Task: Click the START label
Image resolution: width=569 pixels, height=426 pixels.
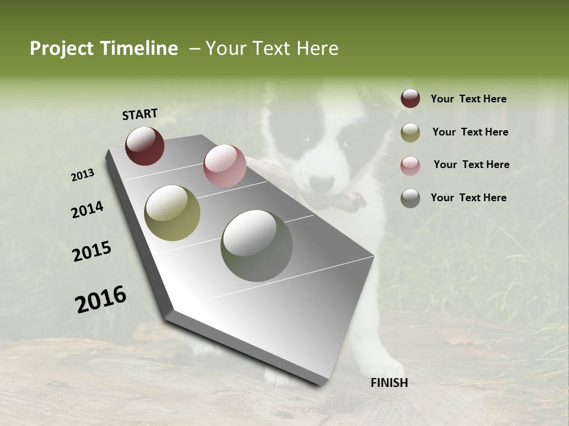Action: coord(140,114)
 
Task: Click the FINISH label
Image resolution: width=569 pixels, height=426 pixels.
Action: coord(389,383)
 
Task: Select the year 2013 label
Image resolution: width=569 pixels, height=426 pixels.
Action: coord(83,175)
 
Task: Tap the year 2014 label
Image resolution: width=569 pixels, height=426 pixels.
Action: coord(87,210)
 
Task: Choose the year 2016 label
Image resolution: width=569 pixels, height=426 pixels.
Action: coord(101,299)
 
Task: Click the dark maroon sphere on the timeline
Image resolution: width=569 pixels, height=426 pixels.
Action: coord(145,146)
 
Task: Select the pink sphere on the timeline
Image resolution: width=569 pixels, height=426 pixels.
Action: coord(225,166)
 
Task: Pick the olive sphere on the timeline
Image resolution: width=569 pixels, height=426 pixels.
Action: coord(172,213)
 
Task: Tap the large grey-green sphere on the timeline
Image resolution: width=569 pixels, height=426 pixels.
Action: coord(257,246)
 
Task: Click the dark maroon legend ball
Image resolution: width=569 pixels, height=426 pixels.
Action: coord(410,99)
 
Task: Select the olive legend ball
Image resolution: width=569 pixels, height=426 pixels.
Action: coord(410,133)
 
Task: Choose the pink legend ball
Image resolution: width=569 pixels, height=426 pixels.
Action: coord(410,165)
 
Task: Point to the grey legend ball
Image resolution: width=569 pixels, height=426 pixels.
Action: coord(410,198)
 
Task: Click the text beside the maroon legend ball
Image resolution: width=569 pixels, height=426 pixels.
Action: coord(468,99)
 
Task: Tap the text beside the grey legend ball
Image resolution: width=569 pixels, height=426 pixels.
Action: coord(468,198)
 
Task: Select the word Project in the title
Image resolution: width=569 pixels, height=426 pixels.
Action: coord(62,49)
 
